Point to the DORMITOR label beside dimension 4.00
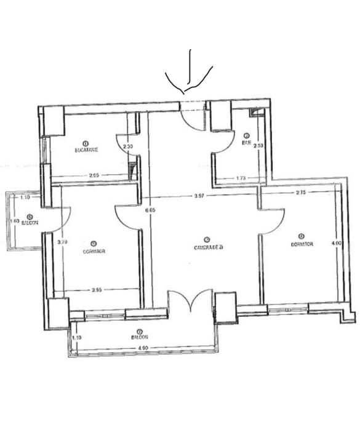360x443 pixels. click(302, 244)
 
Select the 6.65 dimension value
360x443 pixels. click(150, 210)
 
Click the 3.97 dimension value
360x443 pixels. click(199, 196)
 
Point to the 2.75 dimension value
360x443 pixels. click(300, 193)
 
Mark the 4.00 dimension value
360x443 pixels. click(336, 243)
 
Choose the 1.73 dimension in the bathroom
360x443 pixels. click(242, 178)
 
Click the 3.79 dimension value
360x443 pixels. click(62, 242)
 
